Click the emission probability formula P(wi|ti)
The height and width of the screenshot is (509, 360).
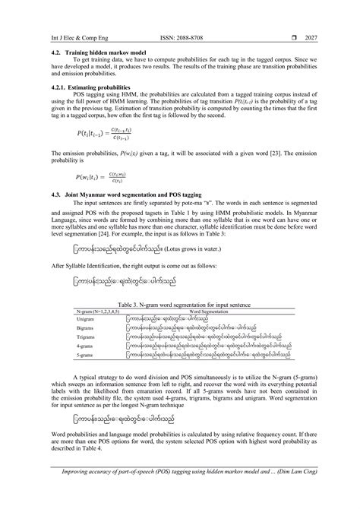[x=62, y=177]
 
